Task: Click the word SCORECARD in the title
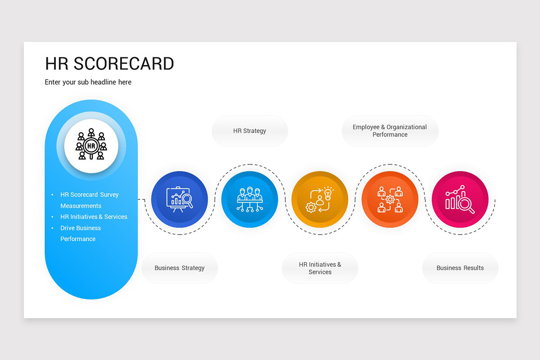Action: [124, 64]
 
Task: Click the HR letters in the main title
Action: [57, 64]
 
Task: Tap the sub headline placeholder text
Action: [88, 82]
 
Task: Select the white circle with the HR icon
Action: [91, 146]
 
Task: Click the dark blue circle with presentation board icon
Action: [180, 199]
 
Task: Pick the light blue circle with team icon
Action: [250, 199]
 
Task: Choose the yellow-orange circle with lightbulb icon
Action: [319, 199]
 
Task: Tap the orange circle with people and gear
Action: [390, 199]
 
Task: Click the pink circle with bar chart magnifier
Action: [460, 199]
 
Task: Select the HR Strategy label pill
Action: [250, 131]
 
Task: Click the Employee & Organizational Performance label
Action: [390, 131]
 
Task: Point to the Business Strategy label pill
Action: [180, 268]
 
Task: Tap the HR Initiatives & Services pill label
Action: [320, 268]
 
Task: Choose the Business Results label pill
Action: [460, 268]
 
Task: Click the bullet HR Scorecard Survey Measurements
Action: [89, 200]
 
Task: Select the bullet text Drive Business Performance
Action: [81, 233]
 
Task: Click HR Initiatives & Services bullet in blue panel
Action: [94, 217]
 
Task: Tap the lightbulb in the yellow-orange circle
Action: [328, 193]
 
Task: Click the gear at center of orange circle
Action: [390, 199]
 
